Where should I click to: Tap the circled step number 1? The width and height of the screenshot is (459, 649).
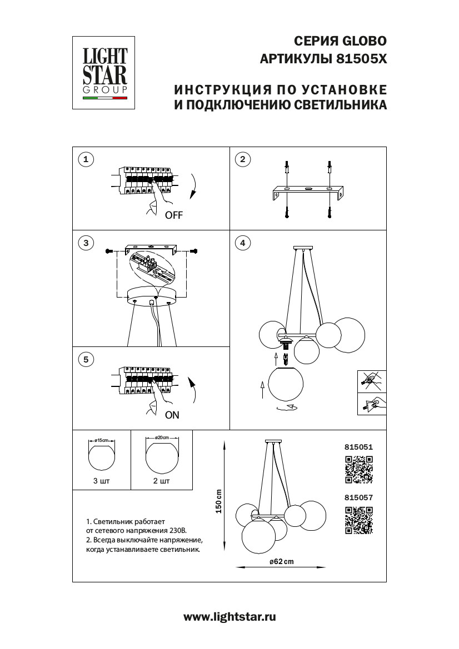click(85, 160)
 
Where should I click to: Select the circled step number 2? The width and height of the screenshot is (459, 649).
click(242, 160)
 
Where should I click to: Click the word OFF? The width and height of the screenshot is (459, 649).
click(173, 216)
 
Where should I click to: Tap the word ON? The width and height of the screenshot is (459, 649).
click(172, 414)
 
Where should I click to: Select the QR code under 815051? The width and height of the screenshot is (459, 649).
click(358, 469)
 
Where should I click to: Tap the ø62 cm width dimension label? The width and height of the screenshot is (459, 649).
click(281, 562)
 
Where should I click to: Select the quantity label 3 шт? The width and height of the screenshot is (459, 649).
click(102, 481)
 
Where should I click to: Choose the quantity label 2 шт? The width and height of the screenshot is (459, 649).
click(161, 481)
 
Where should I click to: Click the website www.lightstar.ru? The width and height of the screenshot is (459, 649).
click(229, 617)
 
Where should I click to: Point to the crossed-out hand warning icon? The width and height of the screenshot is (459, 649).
click(371, 381)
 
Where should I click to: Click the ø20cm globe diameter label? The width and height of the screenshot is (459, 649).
click(162, 439)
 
